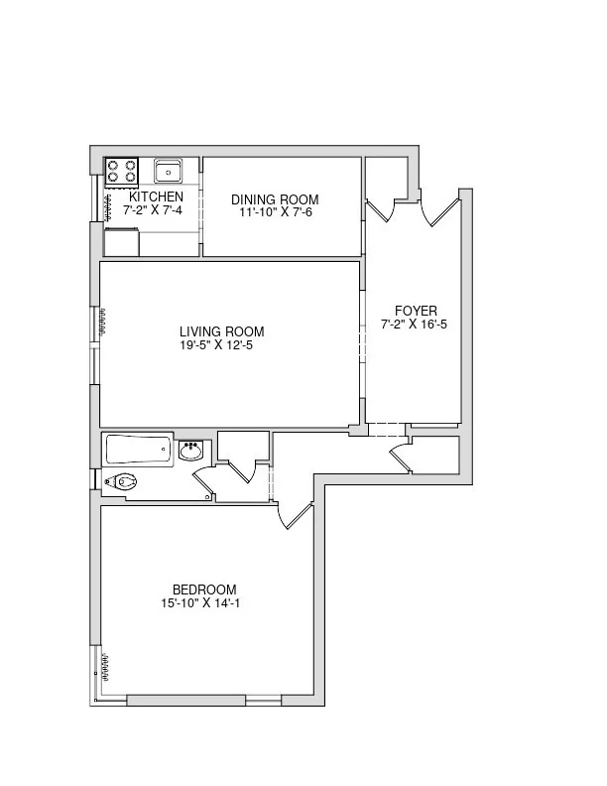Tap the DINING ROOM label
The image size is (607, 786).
[281, 198]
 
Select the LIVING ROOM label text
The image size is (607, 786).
[222, 331]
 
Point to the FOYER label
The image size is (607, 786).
[415, 311]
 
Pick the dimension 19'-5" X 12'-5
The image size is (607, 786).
[222, 345]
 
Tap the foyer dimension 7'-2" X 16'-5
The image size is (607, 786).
[415, 325]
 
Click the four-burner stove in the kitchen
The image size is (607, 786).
[122, 171]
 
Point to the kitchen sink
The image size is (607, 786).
[169, 171]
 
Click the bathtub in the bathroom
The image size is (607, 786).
[138, 450]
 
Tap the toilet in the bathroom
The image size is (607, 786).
[121, 483]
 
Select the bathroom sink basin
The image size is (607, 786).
[190, 453]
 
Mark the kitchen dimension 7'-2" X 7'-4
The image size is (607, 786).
[153, 210]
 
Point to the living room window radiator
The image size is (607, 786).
[102, 321]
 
